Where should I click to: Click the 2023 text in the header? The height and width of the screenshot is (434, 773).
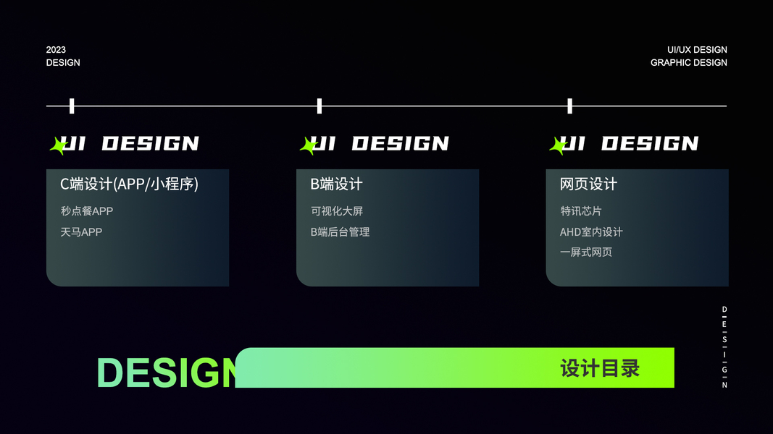tap(56, 50)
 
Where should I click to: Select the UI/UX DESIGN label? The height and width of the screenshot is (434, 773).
tap(697, 50)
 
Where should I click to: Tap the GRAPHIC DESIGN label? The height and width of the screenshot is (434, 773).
tap(688, 63)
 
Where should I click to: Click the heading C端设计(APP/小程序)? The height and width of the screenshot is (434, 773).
tap(129, 184)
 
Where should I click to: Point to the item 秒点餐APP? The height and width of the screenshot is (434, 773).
tap(87, 211)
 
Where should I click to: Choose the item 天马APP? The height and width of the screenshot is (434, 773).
tap(81, 232)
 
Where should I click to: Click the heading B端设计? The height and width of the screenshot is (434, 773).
tap(336, 184)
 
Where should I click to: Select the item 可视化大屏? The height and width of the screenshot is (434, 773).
tap(337, 211)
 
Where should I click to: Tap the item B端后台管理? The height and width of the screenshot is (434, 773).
tap(340, 232)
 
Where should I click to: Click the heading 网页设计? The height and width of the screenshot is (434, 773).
tap(588, 184)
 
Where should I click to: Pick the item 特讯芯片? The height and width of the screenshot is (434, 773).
tap(581, 211)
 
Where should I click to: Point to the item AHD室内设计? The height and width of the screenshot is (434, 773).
tap(591, 232)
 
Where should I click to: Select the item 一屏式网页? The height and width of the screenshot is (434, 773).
tap(586, 252)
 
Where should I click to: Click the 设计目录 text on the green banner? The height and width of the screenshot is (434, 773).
tap(600, 368)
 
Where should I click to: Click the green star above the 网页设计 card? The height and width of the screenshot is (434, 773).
tap(558, 146)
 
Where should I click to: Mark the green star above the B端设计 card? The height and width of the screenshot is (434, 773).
tap(308, 146)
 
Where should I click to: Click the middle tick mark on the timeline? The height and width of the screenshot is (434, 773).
tap(319, 106)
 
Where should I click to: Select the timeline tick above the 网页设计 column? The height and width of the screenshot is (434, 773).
tap(569, 106)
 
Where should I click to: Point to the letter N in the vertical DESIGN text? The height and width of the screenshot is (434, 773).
tap(724, 385)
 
